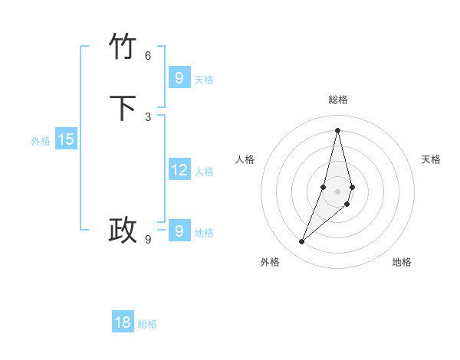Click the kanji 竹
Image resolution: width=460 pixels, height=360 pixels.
[123, 47]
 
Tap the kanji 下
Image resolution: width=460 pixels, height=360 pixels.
[123, 108]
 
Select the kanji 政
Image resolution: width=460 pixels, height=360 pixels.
[123, 230]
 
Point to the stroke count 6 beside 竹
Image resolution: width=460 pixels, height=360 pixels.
[148, 55]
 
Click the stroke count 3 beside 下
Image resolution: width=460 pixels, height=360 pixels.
[148, 116]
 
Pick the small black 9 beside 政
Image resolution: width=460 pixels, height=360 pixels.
[148, 239]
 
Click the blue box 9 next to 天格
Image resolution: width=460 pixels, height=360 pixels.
[179, 77]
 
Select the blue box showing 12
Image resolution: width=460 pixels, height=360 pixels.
[179, 169]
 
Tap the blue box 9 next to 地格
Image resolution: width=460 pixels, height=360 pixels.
[179, 231]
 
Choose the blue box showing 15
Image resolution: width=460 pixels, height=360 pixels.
[65, 139]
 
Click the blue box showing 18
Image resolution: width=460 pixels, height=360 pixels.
[123, 322]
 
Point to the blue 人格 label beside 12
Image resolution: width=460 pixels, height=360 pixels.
[204, 172]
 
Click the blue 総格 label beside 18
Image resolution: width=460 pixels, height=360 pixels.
[147, 325]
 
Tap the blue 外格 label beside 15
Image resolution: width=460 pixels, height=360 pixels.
[41, 141]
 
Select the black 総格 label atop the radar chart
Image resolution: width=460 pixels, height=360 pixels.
[338, 100]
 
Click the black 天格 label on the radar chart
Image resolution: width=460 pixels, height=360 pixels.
[431, 159]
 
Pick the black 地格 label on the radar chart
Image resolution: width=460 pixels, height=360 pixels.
[402, 262]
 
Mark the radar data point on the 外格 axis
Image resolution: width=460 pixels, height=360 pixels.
[301, 242]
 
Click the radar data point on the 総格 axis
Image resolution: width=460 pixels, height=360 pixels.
[338, 129]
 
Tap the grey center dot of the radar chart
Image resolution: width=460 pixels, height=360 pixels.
[338, 191]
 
